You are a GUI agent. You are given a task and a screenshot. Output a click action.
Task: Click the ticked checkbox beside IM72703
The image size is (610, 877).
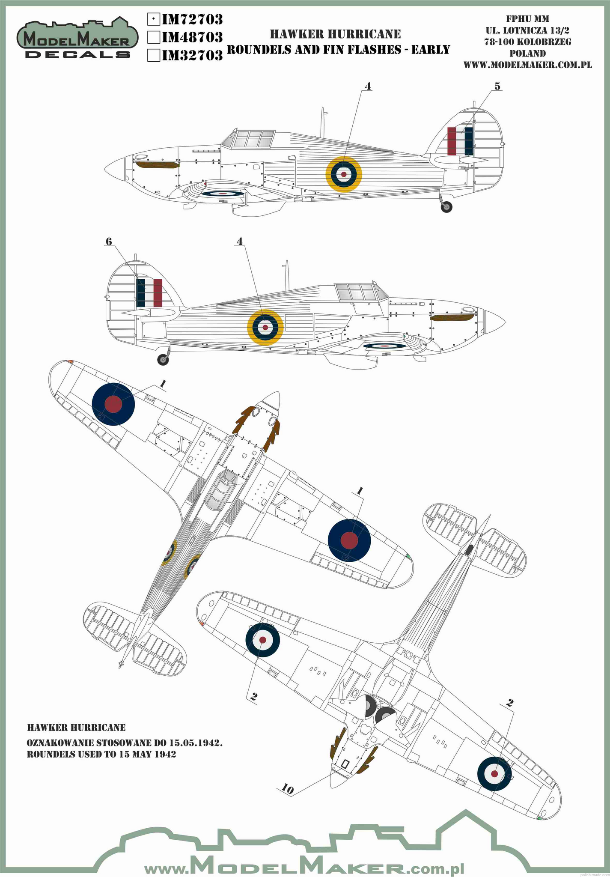153,19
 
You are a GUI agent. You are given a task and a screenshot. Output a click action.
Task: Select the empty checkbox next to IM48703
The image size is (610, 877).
153,37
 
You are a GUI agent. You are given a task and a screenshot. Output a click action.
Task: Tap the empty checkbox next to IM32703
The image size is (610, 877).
153,55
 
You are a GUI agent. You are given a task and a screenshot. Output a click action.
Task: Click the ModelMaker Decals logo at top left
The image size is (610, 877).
77,39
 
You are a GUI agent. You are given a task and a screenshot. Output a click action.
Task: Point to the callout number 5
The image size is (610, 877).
497,86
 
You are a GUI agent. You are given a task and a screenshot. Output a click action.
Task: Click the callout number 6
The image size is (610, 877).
109,242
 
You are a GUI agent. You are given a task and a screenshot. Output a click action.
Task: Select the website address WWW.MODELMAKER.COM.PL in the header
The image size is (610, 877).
527,65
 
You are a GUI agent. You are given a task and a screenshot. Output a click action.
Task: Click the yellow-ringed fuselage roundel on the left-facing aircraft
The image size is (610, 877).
344,174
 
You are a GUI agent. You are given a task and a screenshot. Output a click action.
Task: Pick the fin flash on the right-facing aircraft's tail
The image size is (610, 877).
149,293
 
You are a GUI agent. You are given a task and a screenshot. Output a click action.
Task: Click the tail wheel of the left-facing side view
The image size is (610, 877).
446,207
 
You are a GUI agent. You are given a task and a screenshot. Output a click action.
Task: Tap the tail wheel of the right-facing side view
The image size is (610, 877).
163,360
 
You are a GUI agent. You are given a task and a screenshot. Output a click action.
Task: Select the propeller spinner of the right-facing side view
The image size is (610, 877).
494,321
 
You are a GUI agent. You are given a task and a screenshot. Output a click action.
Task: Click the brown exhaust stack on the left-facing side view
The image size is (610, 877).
156,165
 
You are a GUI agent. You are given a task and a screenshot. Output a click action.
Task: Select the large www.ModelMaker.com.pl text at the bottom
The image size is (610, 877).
304,856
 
